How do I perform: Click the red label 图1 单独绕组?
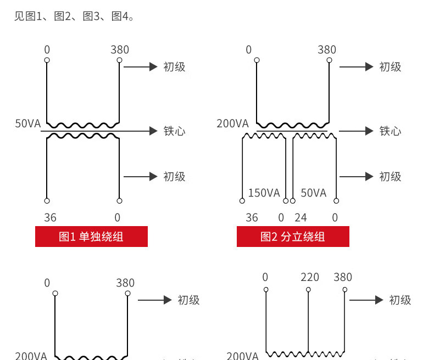[91, 237]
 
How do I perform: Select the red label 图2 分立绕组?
[293, 237]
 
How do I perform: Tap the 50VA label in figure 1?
[28, 123]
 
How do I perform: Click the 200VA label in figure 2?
[232, 123]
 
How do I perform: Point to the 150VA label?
[264, 193]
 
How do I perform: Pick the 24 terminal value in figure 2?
[301, 217]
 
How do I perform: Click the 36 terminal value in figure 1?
[50, 217]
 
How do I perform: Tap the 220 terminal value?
[310, 277]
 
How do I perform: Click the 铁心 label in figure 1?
[175, 131]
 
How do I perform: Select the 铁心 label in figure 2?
[391, 131]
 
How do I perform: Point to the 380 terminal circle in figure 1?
[119, 60]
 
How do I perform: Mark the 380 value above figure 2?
[327, 50]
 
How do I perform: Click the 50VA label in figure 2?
[314, 193]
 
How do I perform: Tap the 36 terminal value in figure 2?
[252, 217]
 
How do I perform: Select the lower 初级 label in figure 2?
[391, 177]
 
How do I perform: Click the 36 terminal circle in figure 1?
[47, 201]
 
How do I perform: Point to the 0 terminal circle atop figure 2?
[257, 60]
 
